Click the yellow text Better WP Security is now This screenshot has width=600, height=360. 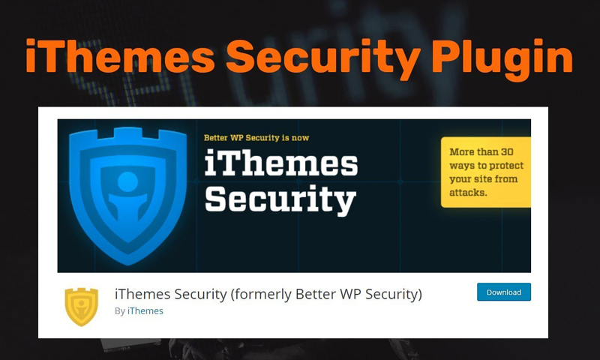[x=256, y=138]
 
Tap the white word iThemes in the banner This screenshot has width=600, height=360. [x=280, y=165]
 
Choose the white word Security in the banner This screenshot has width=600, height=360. [x=280, y=200]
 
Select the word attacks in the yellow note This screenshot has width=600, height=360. [x=468, y=193]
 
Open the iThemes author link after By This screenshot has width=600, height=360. [x=145, y=310]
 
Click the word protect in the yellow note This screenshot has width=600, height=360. [x=507, y=166]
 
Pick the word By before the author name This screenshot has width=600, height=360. [x=120, y=310]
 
